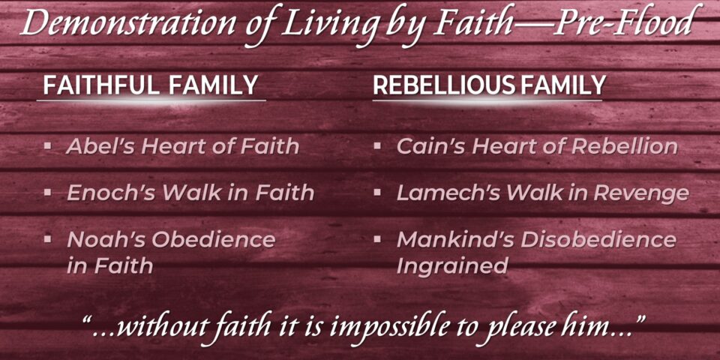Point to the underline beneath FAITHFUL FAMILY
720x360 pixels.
point(151,100)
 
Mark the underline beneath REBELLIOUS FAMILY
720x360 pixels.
point(487,100)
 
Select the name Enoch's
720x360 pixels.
point(111,193)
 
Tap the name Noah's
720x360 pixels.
point(106,240)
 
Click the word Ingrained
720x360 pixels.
point(452,266)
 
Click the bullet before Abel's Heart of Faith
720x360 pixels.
point(47,146)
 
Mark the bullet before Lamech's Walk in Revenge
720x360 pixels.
point(377,193)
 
